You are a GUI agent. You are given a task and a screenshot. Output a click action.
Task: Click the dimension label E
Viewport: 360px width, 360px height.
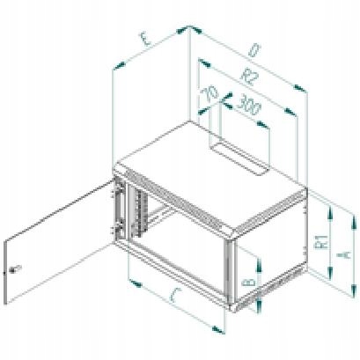(x=145, y=40)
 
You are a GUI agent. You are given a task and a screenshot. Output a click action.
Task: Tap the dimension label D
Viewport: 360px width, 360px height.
(x=254, y=50)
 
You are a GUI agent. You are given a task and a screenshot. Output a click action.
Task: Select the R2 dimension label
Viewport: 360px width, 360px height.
(x=249, y=77)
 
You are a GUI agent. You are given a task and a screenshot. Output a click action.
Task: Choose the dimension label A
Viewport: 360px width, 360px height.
(x=342, y=254)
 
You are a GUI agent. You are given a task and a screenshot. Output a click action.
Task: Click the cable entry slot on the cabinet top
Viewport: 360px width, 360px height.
(x=239, y=158)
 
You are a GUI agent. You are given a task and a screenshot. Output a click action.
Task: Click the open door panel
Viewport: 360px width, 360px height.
(x=59, y=243)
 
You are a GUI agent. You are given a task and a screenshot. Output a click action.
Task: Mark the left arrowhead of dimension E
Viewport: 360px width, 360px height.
(x=120, y=66)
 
